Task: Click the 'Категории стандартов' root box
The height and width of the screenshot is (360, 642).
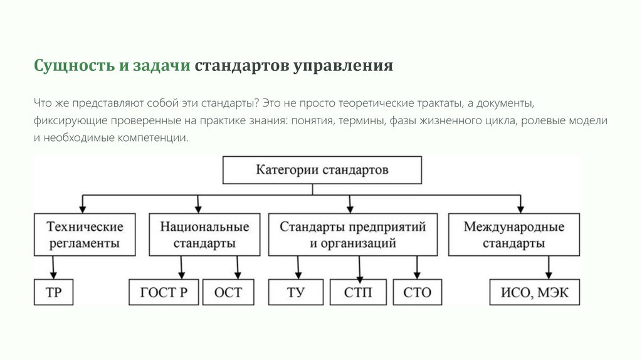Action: coord(322,170)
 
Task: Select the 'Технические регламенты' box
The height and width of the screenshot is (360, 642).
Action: coord(85,235)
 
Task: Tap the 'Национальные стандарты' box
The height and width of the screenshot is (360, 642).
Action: coord(204,235)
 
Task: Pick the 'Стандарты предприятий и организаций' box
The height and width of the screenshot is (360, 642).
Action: coord(353,235)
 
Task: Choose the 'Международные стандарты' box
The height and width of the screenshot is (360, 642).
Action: coord(513,235)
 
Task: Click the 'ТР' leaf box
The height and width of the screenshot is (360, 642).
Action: coord(54,292)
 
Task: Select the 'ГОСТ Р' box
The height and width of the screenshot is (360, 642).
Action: coord(164,292)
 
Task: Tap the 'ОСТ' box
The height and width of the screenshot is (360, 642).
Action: coord(228,292)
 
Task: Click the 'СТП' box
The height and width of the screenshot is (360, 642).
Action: coord(358,292)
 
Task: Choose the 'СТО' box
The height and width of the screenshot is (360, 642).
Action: coord(418,292)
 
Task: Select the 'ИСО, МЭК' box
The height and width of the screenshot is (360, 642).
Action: coord(535,292)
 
